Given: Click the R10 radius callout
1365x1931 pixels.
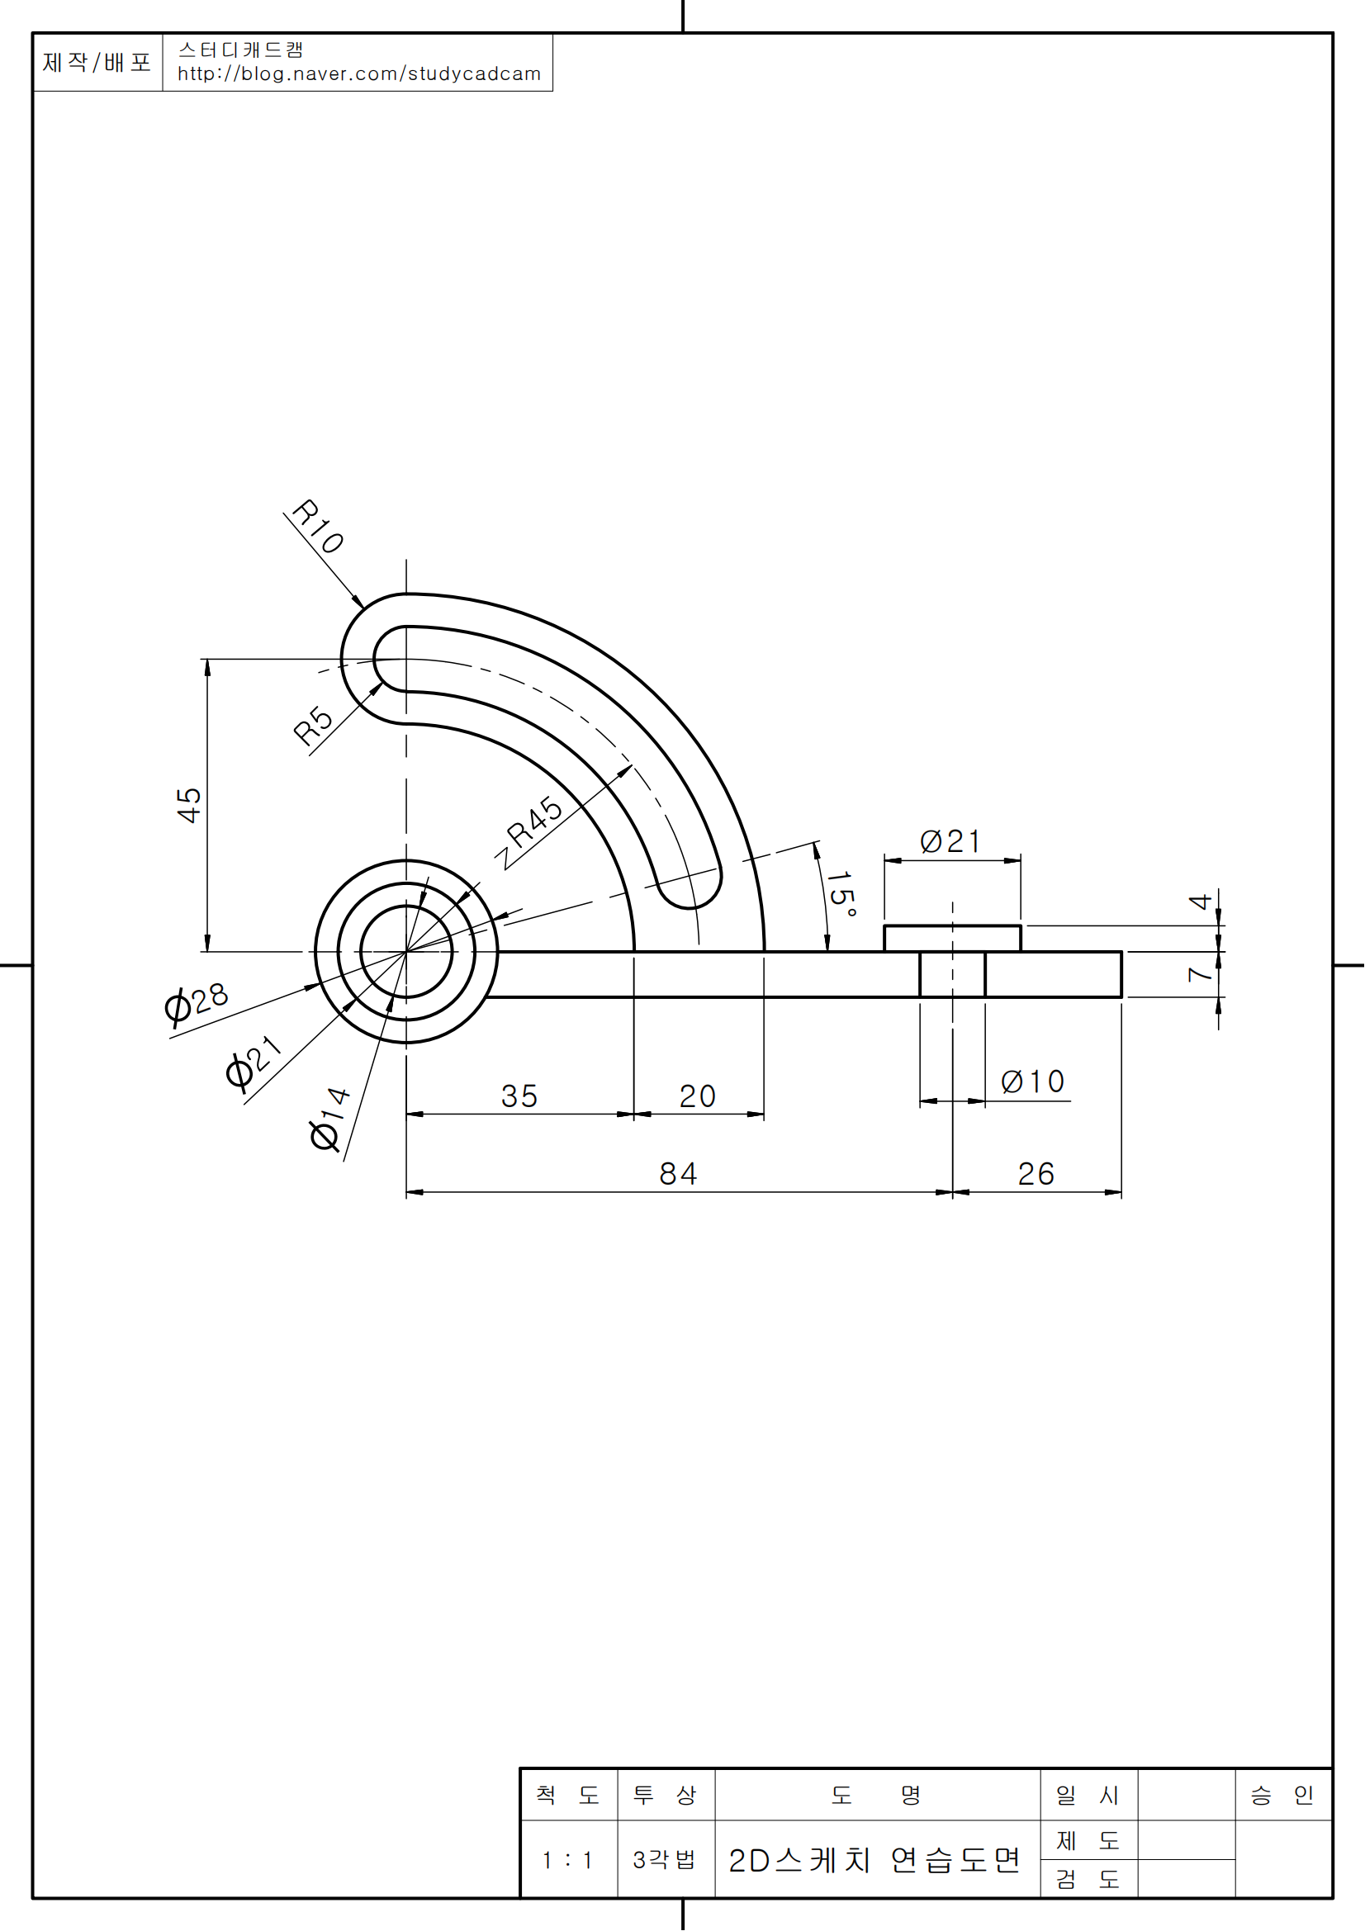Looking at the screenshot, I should pos(318,528).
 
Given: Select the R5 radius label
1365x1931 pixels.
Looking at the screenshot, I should pos(313,726).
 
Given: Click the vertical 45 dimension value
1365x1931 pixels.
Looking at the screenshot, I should pos(189,805).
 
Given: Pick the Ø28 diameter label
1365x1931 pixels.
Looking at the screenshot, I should pos(197,1003).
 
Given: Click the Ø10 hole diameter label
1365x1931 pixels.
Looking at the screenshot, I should pos(1033,1081).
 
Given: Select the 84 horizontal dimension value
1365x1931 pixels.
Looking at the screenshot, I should pos(678,1174).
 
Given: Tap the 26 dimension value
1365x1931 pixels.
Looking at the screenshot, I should pos(1036,1174).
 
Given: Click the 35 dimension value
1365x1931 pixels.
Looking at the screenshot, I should pos(519,1096).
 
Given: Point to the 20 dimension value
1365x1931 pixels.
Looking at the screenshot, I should pos(697,1096).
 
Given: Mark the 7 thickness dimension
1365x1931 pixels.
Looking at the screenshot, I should pos(1199,975).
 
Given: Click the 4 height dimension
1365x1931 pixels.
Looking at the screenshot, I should pos(1199,902).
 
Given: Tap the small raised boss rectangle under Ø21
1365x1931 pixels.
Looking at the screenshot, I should pos(952,939).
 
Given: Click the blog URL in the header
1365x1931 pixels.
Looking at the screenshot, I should pos(359,74).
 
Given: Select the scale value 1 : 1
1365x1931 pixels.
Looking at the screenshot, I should pos(566,1860).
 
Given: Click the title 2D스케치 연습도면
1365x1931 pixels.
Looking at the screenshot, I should pos(874,1860).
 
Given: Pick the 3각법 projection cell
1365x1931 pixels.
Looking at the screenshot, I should pos(665,1859).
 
